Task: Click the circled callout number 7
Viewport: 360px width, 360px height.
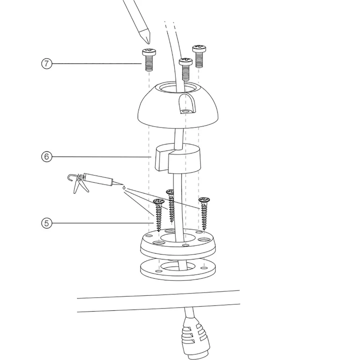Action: (46, 63)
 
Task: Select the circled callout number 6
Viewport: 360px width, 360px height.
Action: (46, 157)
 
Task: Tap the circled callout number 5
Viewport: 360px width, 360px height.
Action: (46, 223)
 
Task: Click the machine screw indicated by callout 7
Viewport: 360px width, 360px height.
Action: (149, 60)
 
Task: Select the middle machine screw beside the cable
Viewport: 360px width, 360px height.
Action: (186, 67)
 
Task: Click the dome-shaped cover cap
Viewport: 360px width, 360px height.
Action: (159, 108)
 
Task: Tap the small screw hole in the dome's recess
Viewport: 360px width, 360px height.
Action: (187, 112)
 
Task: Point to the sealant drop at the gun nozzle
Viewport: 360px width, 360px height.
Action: (123, 187)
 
